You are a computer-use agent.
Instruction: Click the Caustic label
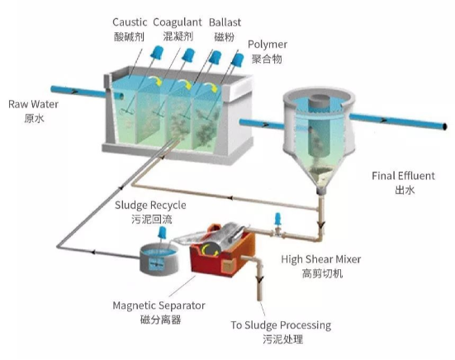[x=130, y=22]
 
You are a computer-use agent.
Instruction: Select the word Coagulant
[x=178, y=22]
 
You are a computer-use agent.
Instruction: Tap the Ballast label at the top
[x=225, y=22]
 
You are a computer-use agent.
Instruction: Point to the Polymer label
[x=268, y=45]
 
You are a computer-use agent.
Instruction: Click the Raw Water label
[x=33, y=104]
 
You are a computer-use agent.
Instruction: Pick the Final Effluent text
[x=403, y=176]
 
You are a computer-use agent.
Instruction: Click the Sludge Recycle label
[x=150, y=206]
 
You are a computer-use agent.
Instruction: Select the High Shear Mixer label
[x=321, y=259]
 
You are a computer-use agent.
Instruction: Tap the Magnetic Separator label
[x=159, y=306]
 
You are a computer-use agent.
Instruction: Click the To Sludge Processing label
[x=281, y=325]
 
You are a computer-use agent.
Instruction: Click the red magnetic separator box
[x=222, y=251]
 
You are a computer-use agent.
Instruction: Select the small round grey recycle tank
[x=159, y=259]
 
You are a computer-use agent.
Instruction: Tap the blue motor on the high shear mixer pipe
[x=277, y=219]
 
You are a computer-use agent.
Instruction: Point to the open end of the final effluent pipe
[x=444, y=126]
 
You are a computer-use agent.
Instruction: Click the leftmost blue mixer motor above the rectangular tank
[x=157, y=53]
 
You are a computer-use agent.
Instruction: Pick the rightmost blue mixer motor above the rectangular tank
[x=237, y=59]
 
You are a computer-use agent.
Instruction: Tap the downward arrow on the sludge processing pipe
[x=259, y=279]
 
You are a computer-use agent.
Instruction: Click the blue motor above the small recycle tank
[x=162, y=233]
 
